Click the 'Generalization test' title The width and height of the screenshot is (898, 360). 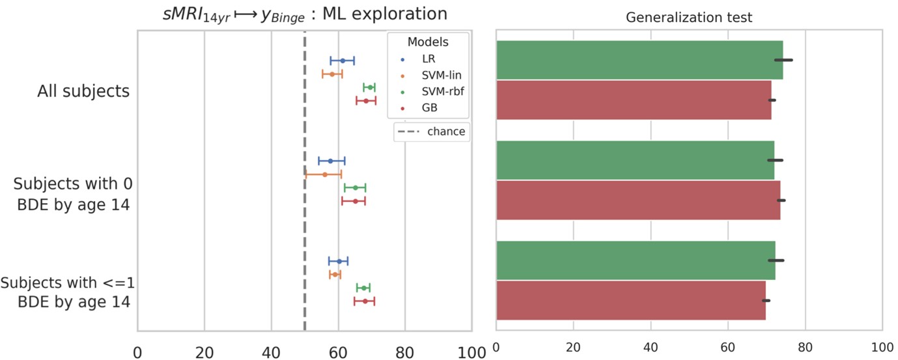click(689, 18)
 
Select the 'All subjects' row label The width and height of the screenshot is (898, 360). click(83, 90)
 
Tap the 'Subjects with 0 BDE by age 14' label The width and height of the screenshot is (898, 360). click(73, 194)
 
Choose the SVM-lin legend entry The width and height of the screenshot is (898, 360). click(428, 75)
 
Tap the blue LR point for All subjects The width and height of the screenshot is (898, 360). click(343, 61)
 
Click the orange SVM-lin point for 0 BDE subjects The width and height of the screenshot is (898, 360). click(324, 174)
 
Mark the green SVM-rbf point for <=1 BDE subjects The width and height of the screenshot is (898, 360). click(363, 287)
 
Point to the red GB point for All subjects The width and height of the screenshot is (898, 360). click(366, 101)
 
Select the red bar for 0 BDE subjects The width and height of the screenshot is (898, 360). click(638, 201)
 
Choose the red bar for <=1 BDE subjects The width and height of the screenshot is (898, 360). click(631, 300)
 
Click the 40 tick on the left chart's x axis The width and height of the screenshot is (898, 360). click(271, 352)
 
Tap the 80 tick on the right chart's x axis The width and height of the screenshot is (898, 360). click(805, 346)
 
